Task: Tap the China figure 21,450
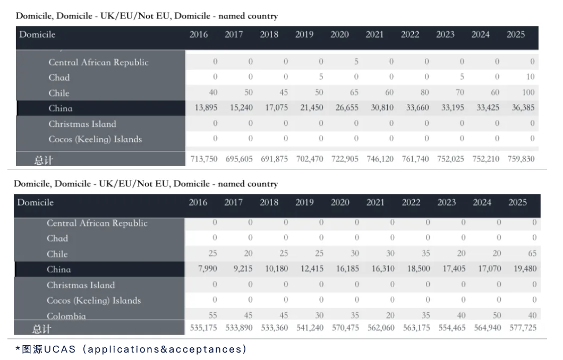310,108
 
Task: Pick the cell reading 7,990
208,269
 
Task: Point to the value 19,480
525,269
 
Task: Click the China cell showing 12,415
312,269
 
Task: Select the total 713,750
204,159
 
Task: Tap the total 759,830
521,159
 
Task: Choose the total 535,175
203,328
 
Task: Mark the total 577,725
523,328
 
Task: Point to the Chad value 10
530,77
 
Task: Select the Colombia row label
66,316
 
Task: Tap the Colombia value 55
212,315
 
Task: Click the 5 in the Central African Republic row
356,62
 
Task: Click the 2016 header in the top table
199,35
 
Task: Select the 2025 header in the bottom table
517,202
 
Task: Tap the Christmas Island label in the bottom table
81,285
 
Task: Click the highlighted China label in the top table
61,108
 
